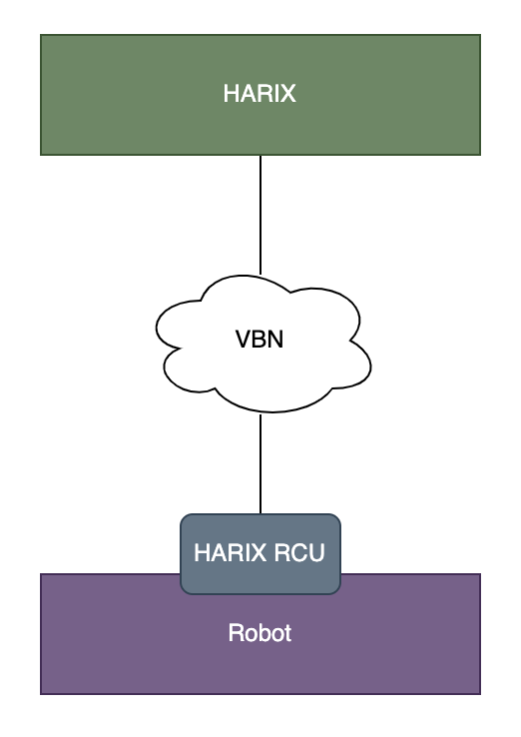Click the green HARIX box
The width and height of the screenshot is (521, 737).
click(x=260, y=95)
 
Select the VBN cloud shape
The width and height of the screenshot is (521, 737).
click(x=263, y=344)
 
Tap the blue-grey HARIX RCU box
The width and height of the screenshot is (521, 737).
click(x=260, y=553)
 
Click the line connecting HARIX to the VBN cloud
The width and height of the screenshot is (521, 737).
click(x=260, y=215)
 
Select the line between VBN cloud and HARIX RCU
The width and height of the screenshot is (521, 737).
click(x=260, y=463)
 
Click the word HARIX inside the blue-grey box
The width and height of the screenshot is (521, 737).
click(x=231, y=553)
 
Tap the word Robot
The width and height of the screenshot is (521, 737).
click(x=260, y=633)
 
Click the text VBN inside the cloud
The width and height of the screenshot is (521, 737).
click(x=260, y=340)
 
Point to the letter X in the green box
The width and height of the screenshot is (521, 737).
click(x=287, y=94)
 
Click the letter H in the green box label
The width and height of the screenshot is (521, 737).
click(x=232, y=94)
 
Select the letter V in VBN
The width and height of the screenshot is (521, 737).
click(x=243, y=340)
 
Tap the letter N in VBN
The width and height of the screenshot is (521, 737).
click(x=275, y=340)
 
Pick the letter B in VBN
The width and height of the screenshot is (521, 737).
click(x=260, y=340)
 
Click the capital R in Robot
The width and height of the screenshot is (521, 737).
click(x=236, y=633)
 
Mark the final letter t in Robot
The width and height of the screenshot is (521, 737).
click(x=287, y=633)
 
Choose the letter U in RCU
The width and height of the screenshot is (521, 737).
click(x=317, y=553)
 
